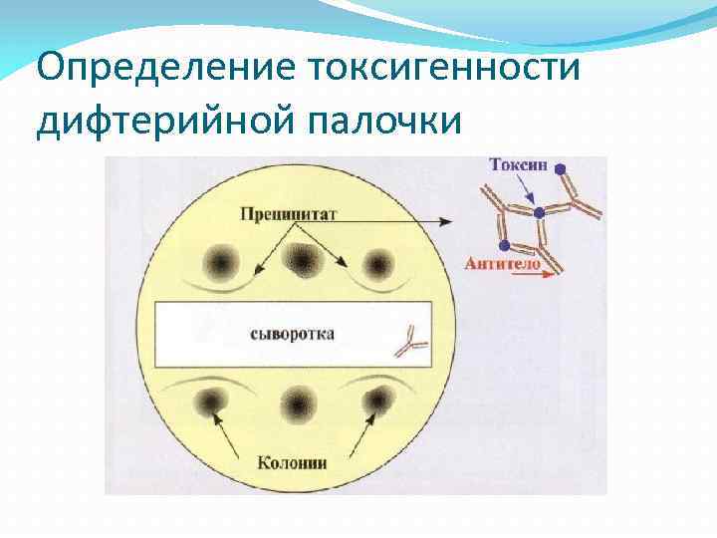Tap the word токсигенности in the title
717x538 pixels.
(x=445, y=69)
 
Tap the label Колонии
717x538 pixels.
(x=293, y=461)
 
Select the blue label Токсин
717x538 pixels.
(x=517, y=164)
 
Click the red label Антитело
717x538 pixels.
(x=502, y=264)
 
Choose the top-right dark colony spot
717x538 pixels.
(x=378, y=264)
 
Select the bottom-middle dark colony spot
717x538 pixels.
(x=298, y=403)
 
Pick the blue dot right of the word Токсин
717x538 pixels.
(x=560, y=167)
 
